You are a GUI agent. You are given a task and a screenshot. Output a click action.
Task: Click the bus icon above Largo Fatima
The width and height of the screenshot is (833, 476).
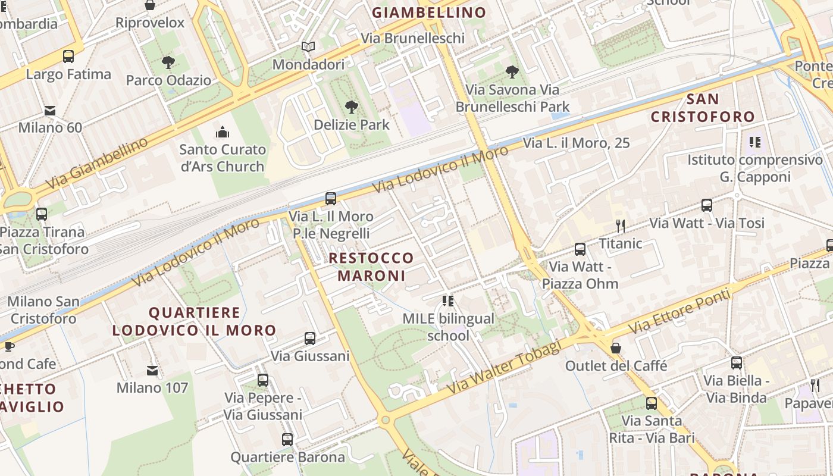tap(68, 57)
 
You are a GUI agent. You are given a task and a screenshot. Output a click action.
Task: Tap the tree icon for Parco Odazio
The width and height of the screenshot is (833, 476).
tap(168, 62)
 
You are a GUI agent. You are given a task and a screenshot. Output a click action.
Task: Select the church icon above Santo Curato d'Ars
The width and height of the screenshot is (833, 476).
tap(223, 131)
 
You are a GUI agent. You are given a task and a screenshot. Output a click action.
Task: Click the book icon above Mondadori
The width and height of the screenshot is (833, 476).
tap(308, 46)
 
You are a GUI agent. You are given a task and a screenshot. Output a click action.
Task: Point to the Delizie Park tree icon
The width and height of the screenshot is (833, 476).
tap(352, 107)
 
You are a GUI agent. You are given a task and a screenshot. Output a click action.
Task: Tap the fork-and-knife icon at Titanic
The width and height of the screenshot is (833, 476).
tap(621, 226)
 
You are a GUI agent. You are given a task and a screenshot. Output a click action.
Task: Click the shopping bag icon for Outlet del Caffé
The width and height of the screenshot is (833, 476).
tap(616, 347)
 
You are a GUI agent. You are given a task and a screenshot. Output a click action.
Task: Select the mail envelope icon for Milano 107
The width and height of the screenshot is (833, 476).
tap(152, 371)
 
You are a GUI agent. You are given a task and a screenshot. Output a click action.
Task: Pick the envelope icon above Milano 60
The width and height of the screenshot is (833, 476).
tap(50, 110)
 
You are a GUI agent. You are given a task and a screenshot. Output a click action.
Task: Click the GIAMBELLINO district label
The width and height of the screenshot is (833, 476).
tap(429, 12)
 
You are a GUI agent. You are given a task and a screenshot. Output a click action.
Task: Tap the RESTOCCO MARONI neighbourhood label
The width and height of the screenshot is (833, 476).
tap(371, 267)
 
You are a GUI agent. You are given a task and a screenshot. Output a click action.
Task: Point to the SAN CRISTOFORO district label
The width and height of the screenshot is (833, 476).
tap(703, 108)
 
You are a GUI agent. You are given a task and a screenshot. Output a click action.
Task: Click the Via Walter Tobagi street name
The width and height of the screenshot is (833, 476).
tap(505, 367)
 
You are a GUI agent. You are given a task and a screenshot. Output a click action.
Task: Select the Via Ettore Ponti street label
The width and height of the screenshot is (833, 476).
tap(679, 311)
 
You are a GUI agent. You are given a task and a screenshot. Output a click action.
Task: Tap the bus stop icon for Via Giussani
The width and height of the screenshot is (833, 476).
tap(310, 339)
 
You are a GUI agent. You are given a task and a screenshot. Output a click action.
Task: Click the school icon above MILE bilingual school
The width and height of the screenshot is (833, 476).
tap(448, 301)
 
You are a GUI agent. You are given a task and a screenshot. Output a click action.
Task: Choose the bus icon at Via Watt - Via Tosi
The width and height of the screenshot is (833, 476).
tap(707, 205)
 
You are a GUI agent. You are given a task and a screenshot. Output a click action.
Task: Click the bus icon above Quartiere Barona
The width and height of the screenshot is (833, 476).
tap(287, 440)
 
